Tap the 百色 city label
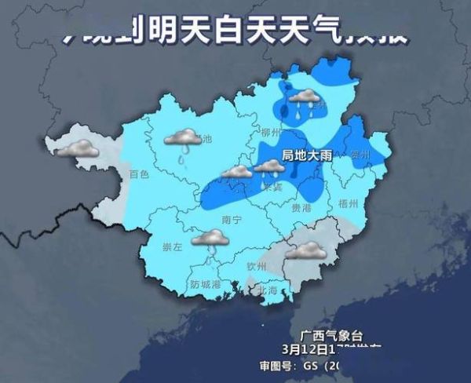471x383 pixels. pyautogui.click(x=139, y=174)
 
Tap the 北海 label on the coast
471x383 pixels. pyautogui.click(x=268, y=290)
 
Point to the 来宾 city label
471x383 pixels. pyautogui.click(x=272, y=188)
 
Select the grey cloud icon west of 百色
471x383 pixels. pyautogui.click(x=79, y=148)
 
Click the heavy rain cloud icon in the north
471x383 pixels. pyautogui.click(x=302, y=100)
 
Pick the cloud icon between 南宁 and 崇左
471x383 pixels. pyautogui.click(x=211, y=239)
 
